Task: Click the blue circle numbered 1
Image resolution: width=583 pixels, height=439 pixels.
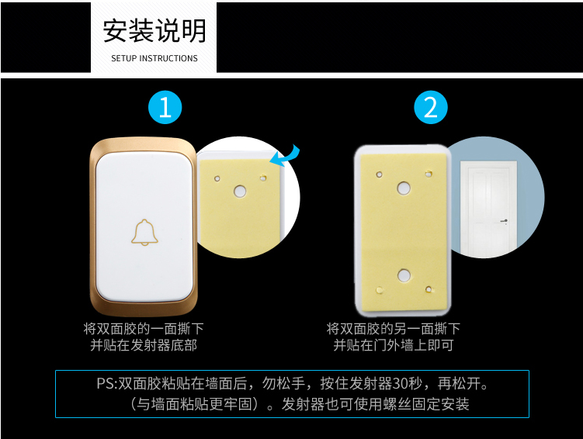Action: point(165,107)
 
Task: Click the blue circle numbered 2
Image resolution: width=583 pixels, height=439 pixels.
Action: point(431,107)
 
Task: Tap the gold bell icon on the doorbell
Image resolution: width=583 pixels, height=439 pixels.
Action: point(144,233)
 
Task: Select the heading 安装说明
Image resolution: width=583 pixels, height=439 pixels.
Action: point(154,31)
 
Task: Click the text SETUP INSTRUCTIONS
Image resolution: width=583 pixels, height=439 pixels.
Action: point(154,58)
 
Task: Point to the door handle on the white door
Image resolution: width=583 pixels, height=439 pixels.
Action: point(504,221)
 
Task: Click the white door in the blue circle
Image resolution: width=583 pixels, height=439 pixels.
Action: point(488,208)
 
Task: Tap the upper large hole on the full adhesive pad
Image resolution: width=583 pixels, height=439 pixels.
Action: point(404,188)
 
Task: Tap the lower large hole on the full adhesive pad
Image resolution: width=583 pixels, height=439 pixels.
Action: point(404,275)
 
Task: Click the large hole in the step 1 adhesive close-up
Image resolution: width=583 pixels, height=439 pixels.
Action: point(240,192)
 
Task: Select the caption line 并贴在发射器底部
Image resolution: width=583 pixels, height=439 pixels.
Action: point(144,345)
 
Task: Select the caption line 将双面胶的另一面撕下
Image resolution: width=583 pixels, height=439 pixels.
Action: point(394,329)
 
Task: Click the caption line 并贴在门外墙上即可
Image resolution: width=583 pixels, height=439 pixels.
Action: point(394,345)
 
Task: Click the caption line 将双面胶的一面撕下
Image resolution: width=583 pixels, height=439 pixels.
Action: point(144,329)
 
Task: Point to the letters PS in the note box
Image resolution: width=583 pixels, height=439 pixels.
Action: point(105,383)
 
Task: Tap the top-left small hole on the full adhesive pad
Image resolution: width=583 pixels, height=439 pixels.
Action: point(379,175)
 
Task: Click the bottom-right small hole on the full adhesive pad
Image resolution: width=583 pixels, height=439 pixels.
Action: point(429,289)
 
